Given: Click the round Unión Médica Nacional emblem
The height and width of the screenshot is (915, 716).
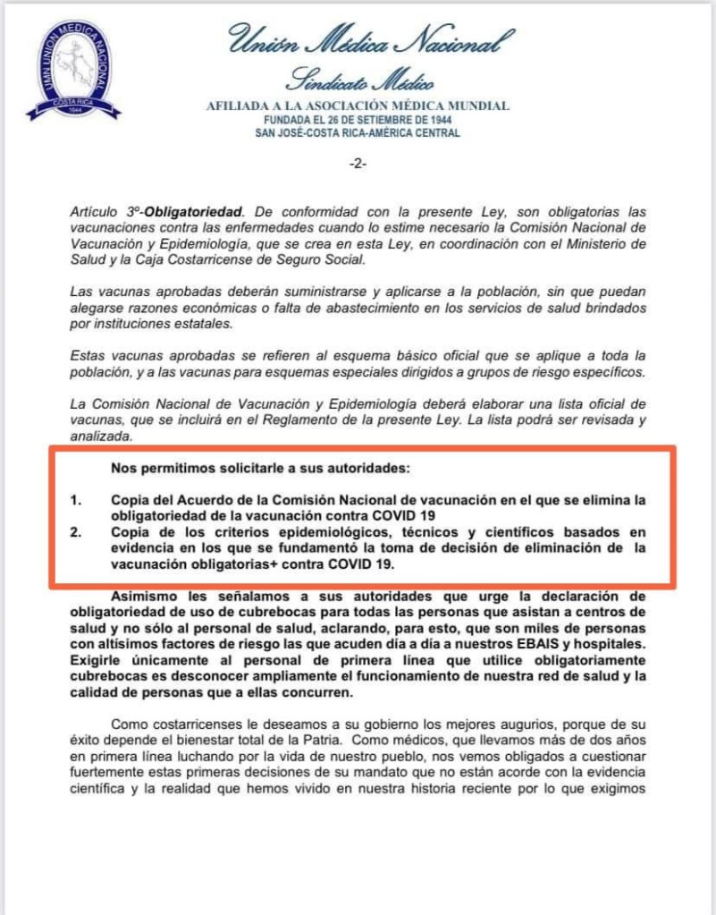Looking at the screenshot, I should [74, 70].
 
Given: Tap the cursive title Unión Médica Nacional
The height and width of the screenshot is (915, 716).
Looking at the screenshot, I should [370, 40].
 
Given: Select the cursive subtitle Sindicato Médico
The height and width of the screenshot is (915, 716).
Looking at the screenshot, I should [358, 81].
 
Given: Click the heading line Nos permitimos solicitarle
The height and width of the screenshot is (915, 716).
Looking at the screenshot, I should [260, 468].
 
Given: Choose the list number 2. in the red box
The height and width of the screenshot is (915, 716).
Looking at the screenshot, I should [78, 533].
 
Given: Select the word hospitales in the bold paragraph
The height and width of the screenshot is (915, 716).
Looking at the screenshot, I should [611, 645].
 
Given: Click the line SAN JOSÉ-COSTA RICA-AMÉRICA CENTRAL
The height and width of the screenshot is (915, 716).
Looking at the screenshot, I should [358, 133].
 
